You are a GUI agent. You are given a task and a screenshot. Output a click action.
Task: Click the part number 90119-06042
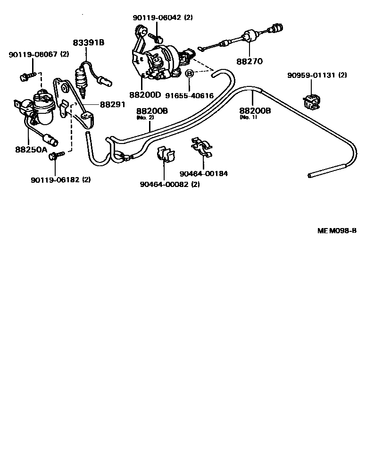tap(157, 17)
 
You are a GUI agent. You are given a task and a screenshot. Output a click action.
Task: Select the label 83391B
tap(89, 42)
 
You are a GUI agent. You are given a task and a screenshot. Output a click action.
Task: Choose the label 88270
tap(250, 61)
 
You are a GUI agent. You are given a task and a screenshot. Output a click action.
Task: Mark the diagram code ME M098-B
tap(336, 231)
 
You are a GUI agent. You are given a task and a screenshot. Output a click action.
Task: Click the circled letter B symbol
tap(189, 74)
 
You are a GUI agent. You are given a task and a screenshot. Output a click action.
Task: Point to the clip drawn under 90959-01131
tap(311, 101)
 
